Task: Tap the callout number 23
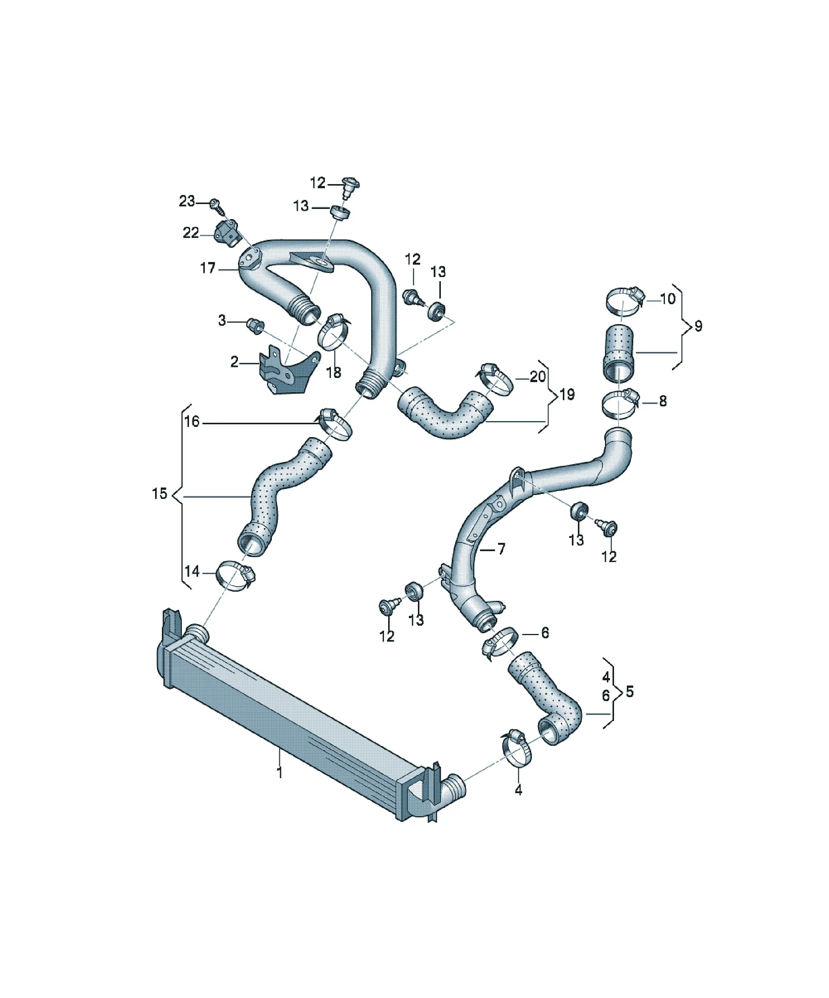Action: [187, 201]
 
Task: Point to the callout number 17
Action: [208, 268]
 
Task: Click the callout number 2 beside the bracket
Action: [234, 362]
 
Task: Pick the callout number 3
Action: [222, 321]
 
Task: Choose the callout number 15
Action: [160, 494]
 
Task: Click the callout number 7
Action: [501, 549]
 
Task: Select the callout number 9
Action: [698, 326]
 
